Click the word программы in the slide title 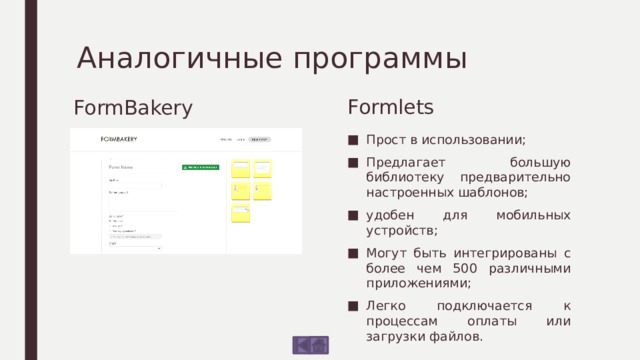[x=379, y=58]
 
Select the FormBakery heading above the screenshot [x=133, y=106]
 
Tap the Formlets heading [x=389, y=104]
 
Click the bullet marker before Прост [x=355, y=140]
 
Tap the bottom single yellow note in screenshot [x=241, y=212]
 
